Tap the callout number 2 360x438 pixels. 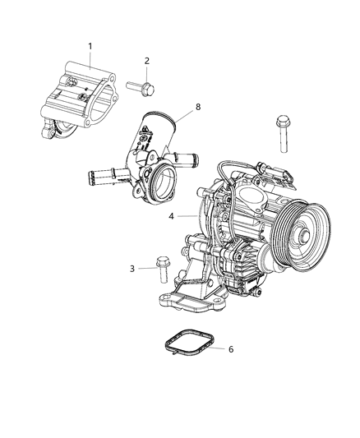(146, 61)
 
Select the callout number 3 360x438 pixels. (132, 269)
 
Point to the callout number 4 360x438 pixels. (171, 217)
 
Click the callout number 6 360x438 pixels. (231, 348)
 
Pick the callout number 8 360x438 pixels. (197, 105)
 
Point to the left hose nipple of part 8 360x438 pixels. (102, 174)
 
